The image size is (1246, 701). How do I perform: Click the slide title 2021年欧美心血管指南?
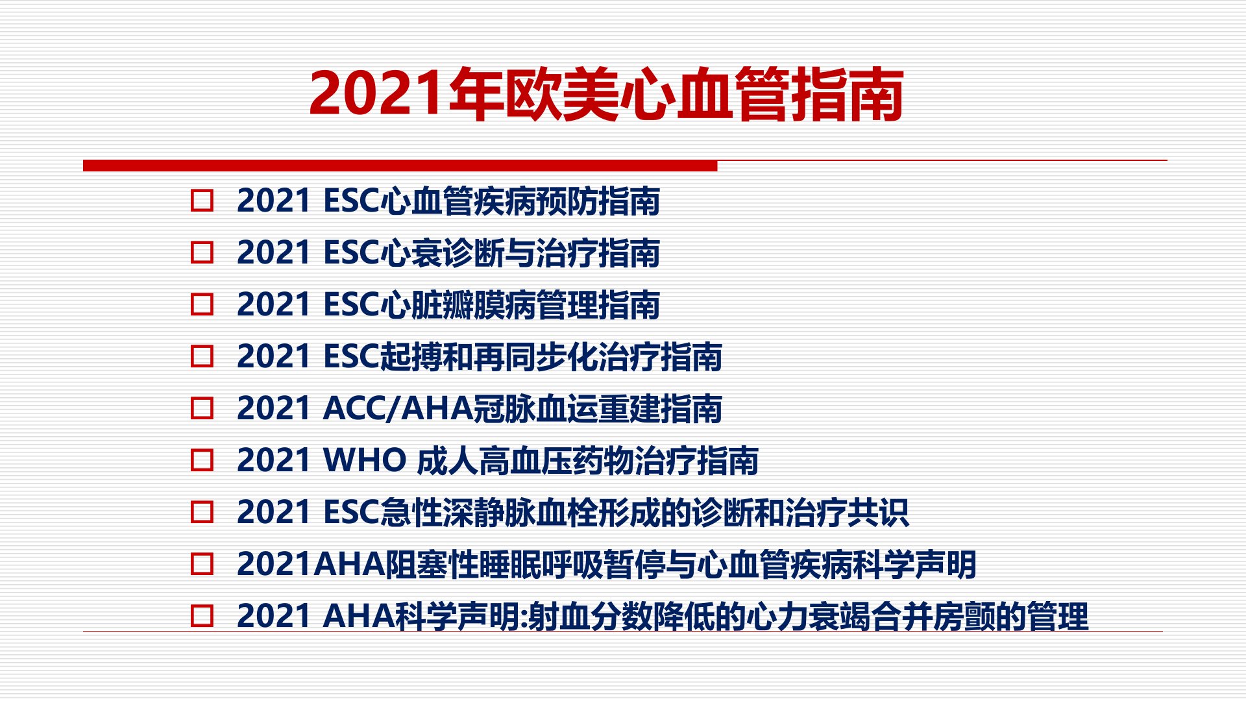pyautogui.click(x=607, y=94)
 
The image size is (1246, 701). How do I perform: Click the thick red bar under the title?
pyautogui.click(x=400, y=166)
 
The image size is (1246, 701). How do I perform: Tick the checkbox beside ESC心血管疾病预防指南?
pyautogui.click(x=202, y=201)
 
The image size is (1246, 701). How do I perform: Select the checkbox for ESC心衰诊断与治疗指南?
pyautogui.click(x=202, y=252)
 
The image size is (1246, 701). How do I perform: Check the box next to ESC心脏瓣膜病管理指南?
pyautogui.click(x=202, y=304)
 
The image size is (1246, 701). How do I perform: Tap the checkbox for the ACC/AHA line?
pyautogui.click(x=202, y=408)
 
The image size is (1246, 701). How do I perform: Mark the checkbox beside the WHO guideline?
pyautogui.click(x=202, y=460)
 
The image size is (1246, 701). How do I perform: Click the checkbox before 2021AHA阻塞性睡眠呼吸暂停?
pyautogui.click(x=202, y=564)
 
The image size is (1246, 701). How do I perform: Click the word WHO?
pyautogui.click(x=364, y=460)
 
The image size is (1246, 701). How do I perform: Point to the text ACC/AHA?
pyautogui.click(x=398, y=408)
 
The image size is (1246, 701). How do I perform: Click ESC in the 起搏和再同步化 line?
pyautogui.click(x=350, y=356)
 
